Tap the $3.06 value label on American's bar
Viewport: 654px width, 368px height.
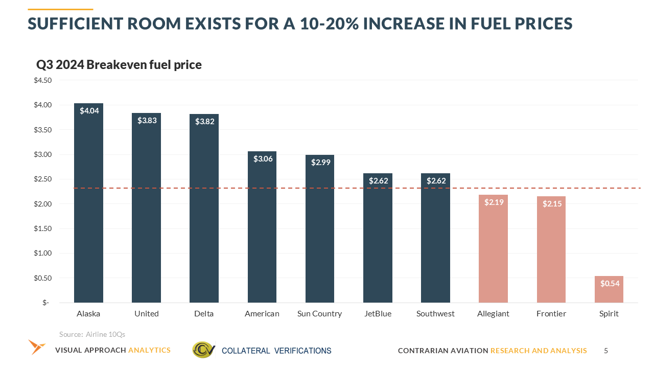click(263, 158)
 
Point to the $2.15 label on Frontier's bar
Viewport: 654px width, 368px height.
click(551, 203)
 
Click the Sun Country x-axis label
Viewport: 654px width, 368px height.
click(319, 314)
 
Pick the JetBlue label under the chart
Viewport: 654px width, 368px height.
click(378, 314)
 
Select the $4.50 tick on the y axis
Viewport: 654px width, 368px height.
click(42, 80)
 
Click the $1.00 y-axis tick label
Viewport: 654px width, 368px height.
click(42, 254)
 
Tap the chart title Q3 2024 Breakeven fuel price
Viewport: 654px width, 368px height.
click(119, 65)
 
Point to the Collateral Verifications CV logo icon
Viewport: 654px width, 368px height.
click(203, 350)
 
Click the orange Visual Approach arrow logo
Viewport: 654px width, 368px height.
click(37, 347)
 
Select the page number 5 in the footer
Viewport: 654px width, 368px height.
click(606, 351)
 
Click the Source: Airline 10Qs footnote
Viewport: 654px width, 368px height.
click(92, 334)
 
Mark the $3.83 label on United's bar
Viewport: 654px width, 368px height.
click(147, 121)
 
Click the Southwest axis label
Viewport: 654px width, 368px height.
click(435, 314)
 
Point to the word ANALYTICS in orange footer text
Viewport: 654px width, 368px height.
click(149, 350)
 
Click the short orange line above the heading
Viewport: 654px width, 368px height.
click(60, 9)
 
